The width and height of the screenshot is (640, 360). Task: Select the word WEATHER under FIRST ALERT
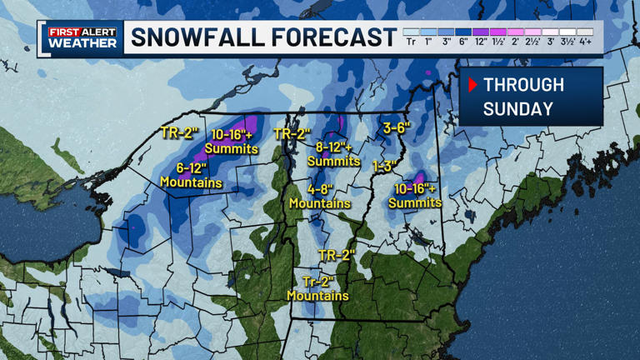coord(82,43)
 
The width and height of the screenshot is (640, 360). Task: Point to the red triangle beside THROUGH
coord(472,85)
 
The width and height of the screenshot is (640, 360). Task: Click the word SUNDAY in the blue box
coord(517,109)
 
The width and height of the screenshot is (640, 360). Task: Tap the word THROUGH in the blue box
coord(523,85)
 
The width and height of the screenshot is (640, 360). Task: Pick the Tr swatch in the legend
coord(411,32)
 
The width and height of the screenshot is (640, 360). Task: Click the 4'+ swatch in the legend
coord(585,32)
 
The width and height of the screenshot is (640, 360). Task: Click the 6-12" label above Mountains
coord(191,167)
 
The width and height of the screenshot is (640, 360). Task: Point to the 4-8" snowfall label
coord(320,188)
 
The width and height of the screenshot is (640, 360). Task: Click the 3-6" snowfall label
coord(397,128)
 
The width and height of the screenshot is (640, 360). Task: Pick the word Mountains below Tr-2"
coord(317,295)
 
